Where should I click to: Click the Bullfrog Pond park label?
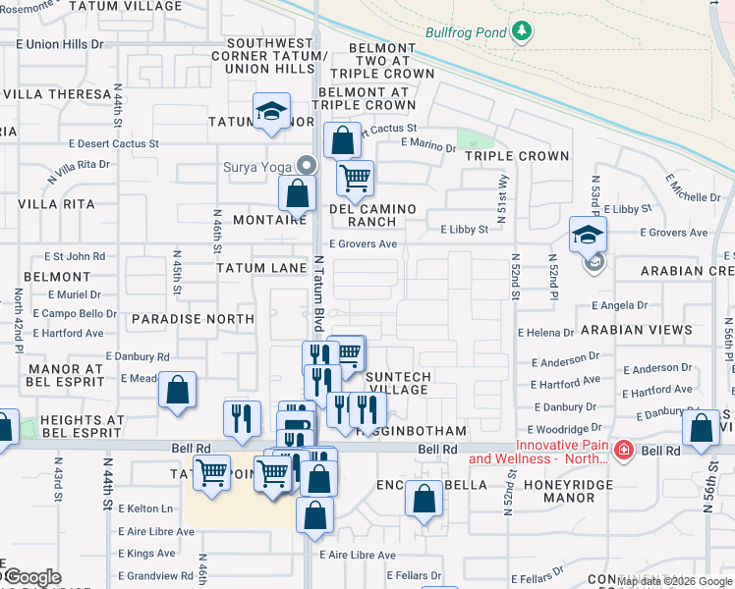point(466,31)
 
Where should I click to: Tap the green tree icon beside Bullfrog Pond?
point(522,31)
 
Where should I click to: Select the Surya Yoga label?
point(259,166)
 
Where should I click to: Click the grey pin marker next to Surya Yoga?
point(307,165)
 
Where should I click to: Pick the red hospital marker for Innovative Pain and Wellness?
point(623,450)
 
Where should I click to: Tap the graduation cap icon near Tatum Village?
point(270,113)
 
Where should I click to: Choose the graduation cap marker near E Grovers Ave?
point(588,235)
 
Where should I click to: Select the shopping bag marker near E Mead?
point(178,391)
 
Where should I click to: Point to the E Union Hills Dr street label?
point(59,44)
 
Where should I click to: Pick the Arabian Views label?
point(636,330)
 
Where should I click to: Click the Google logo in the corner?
point(33,576)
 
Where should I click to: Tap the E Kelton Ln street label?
point(145,509)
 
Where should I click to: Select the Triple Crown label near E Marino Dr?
point(517,156)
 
